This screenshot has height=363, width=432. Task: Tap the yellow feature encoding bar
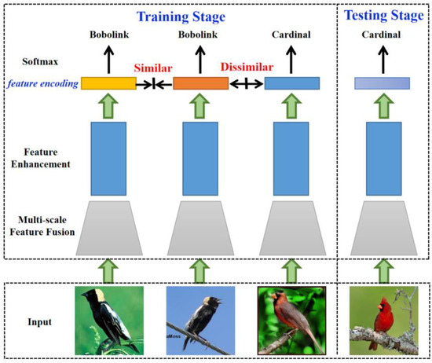click(108, 83)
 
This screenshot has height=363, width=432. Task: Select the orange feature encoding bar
click(200, 83)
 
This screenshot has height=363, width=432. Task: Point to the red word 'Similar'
click(156, 68)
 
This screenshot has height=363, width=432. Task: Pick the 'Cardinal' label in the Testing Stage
click(382, 35)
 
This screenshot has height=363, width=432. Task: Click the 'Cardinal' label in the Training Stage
click(291, 35)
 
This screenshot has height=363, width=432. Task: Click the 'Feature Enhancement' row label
click(39, 160)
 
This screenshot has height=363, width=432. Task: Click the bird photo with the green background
click(110, 319)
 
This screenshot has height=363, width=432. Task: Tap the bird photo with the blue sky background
click(200, 319)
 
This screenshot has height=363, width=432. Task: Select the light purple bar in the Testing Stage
click(381, 83)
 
